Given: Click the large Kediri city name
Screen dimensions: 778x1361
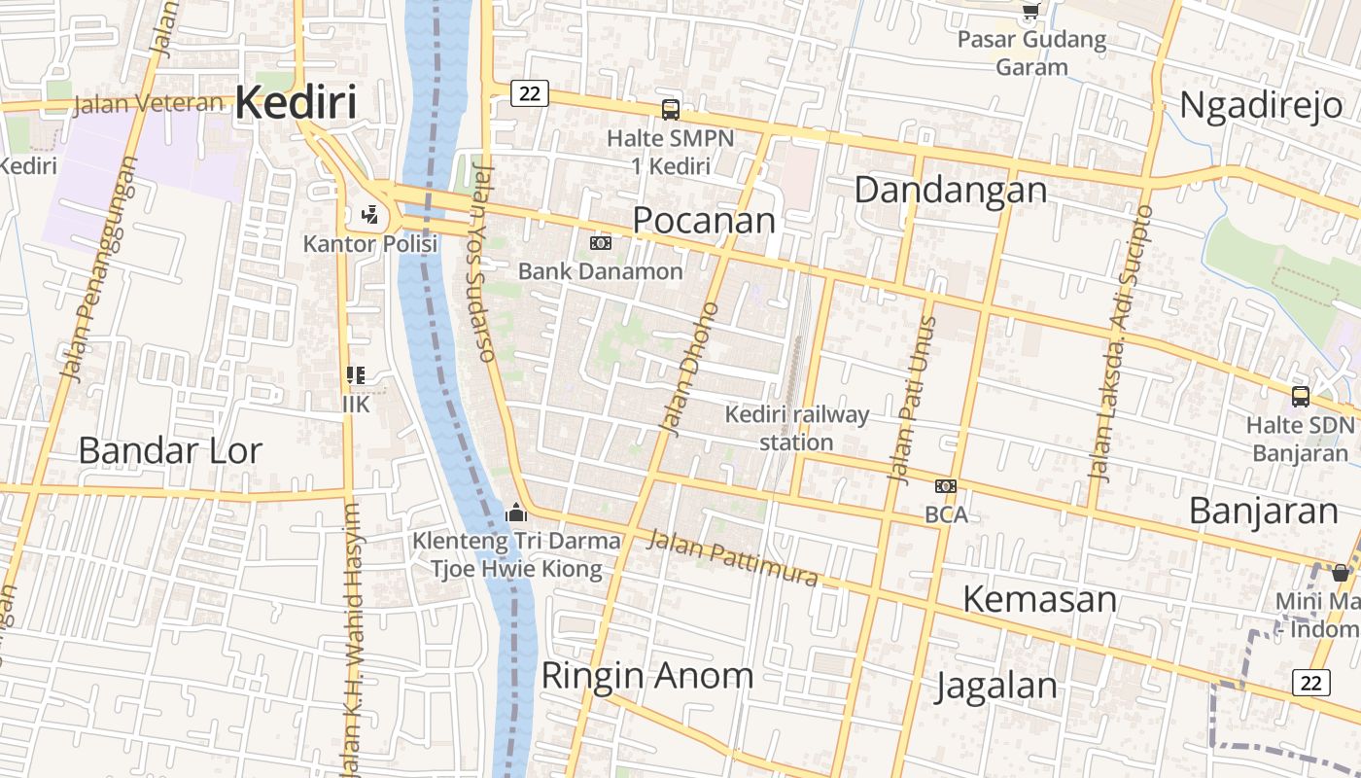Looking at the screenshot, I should pos(296,102).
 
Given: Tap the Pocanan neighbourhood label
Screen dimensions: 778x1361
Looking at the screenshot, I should pos(704,220).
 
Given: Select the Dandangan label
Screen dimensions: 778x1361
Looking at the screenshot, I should pos(950,190).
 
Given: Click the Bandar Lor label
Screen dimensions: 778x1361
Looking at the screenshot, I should pos(170,450).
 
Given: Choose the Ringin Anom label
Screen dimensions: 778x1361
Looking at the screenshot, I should pos(646,675).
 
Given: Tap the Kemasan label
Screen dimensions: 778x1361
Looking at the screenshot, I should pos(1039,599).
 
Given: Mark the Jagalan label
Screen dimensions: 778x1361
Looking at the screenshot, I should pos(996,686).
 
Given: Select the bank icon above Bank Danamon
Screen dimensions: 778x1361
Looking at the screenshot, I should pos(601,243).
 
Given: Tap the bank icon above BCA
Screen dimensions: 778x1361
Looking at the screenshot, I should pos(945,486).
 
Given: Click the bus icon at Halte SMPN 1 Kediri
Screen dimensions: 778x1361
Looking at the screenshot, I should pos(671,110).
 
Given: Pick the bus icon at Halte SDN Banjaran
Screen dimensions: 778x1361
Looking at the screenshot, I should pos(1300,397).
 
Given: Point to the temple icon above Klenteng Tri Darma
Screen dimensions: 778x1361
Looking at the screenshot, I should pos(516,513).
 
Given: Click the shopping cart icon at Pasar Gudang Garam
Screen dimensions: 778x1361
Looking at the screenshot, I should pos(1030,13).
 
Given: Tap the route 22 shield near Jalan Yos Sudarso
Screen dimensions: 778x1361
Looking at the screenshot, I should pos(529,93).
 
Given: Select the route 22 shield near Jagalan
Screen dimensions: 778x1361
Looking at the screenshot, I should pos(1311,683).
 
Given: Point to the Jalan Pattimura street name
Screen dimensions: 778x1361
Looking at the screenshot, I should pos(733,558).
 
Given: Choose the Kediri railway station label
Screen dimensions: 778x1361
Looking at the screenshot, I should pos(796,428).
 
